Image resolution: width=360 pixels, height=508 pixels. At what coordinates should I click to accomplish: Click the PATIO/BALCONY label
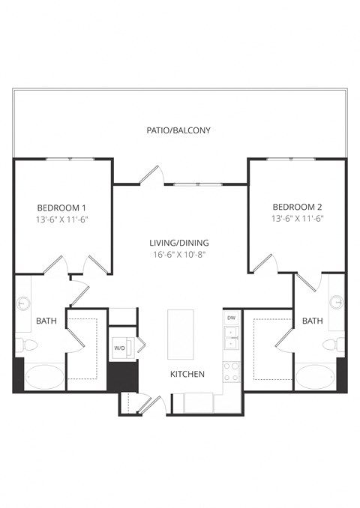(x=178, y=130)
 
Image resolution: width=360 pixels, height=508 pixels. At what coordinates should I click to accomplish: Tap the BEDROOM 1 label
(x=62, y=208)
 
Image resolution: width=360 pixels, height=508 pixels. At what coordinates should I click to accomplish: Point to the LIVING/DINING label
(x=178, y=243)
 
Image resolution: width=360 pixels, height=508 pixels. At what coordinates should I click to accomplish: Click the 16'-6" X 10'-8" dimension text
(x=178, y=255)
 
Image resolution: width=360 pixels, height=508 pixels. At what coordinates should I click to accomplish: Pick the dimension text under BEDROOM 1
(x=62, y=220)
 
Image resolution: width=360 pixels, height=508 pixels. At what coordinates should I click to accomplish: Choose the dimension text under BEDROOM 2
(x=297, y=220)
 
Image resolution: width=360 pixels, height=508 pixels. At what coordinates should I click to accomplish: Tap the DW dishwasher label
(x=232, y=318)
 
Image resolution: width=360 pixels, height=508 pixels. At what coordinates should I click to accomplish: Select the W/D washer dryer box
(x=120, y=348)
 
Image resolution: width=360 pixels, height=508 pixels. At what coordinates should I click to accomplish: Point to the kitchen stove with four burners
(x=232, y=369)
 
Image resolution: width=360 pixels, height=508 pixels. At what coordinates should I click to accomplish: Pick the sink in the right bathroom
(x=337, y=302)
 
